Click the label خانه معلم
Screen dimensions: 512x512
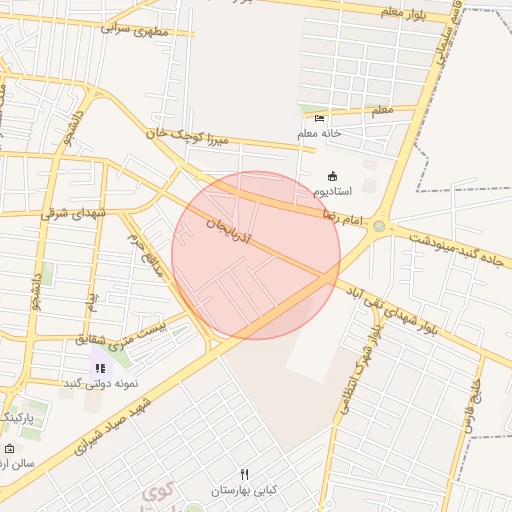(319, 133)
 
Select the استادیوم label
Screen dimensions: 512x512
(333, 190)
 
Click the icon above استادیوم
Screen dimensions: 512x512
(333, 175)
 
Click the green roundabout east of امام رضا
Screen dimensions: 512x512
(378, 227)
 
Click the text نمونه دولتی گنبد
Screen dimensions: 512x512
(99, 384)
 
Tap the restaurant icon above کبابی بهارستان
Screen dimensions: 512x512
(244, 474)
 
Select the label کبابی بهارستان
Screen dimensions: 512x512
(243, 491)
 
